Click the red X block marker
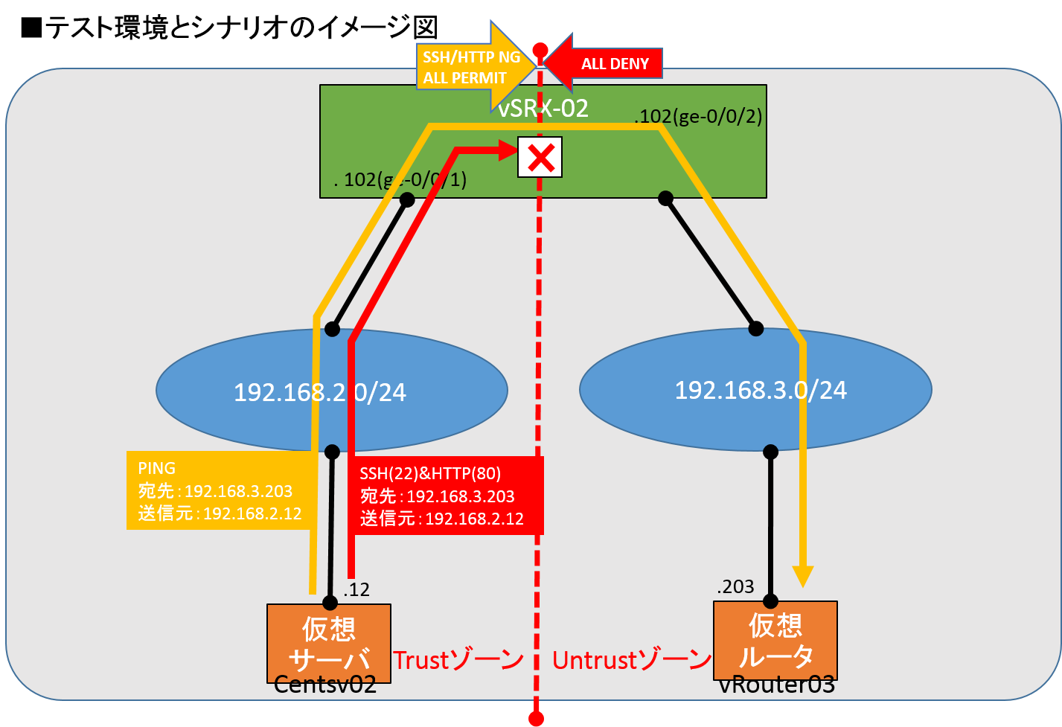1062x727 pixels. [540, 157]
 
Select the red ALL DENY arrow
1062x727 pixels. [607, 63]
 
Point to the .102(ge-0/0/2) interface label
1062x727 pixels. [697, 117]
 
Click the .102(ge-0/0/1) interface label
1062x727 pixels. [400, 180]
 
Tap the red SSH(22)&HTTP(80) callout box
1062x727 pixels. [445, 496]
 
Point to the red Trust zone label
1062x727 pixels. [458, 660]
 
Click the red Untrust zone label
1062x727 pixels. [632, 660]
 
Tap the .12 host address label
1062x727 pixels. [356, 590]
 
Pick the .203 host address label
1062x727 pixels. [735, 587]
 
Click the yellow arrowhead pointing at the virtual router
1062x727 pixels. [803, 577]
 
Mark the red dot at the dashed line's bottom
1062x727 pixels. [536, 718]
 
